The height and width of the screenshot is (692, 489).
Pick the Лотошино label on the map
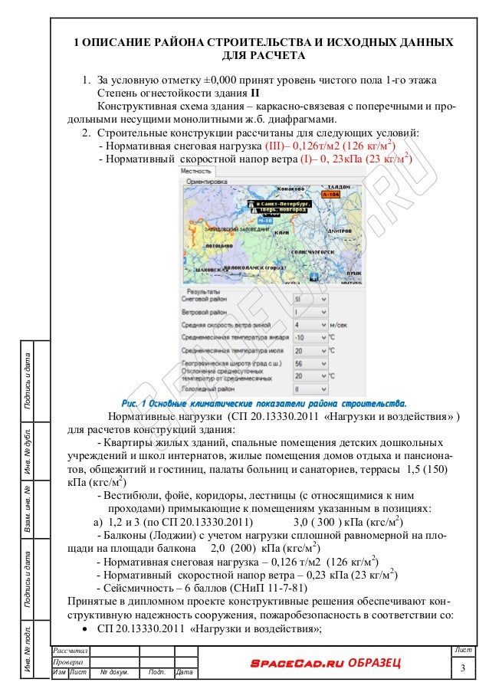tap(218, 245)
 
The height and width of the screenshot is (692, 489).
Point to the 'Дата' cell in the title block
tap(184, 672)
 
